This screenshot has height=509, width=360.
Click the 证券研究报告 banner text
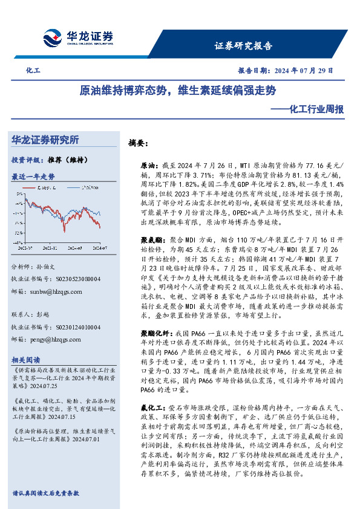click(x=243, y=46)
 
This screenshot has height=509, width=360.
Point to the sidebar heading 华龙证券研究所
click(x=45, y=140)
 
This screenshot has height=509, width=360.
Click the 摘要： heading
click(x=138, y=144)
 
